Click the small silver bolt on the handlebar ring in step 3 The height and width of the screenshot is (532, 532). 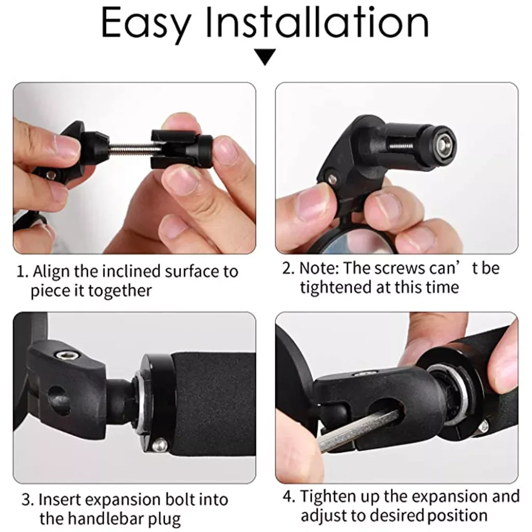tap(160, 445)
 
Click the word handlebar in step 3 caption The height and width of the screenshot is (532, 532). tap(98, 519)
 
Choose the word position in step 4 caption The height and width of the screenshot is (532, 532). tap(457, 516)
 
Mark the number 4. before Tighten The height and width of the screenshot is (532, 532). tap(289, 497)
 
